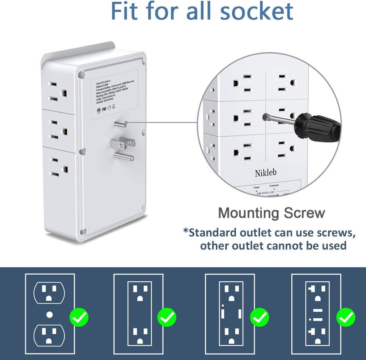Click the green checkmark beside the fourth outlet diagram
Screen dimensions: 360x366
pyautogui.click(x=346, y=317)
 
